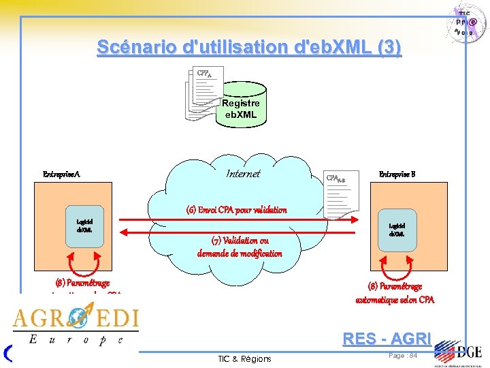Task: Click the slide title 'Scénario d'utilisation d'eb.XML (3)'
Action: click(x=249, y=48)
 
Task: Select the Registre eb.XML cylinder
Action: click(x=240, y=106)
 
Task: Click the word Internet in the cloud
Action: click(x=243, y=174)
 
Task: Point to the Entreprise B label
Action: click(x=397, y=174)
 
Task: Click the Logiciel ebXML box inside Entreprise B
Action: click(x=396, y=230)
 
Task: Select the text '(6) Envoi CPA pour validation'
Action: click(x=237, y=210)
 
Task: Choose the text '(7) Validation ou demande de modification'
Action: click(x=240, y=247)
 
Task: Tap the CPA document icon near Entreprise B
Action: click(x=340, y=194)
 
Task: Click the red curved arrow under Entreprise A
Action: click(x=84, y=263)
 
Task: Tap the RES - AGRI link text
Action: click(x=387, y=338)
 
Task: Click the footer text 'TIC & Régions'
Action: click(x=244, y=358)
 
